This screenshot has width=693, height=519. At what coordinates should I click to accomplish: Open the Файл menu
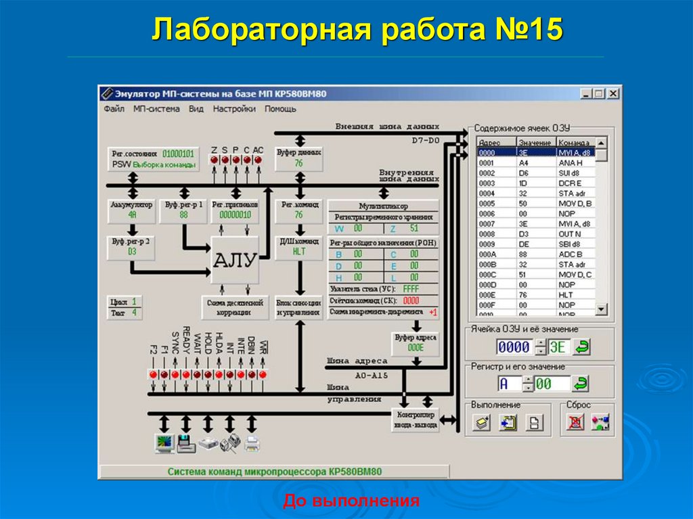click(x=114, y=108)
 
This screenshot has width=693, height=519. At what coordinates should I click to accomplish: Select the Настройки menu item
click(x=234, y=108)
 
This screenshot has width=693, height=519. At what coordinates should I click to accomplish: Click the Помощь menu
click(x=280, y=108)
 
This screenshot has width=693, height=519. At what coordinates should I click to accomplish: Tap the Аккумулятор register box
click(x=131, y=210)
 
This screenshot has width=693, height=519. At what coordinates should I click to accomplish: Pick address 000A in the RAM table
click(x=487, y=254)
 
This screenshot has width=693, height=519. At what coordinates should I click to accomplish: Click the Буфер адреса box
click(x=416, y=342)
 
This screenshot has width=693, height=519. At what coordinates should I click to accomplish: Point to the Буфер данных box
click(x=298, y=158)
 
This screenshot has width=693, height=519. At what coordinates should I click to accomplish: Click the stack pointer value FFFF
click(x=411, y=289)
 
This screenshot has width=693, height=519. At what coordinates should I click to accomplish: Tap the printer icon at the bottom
click(x=252, y=444)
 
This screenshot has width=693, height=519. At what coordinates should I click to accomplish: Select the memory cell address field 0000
click(x=514, y=348)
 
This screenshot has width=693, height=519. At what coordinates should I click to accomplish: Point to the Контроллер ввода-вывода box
click(x=416, y=420)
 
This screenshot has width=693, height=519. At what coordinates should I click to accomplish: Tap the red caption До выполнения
click(x=351, y=501)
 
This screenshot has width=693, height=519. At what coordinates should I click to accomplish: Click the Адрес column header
click(x=489, y=143)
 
